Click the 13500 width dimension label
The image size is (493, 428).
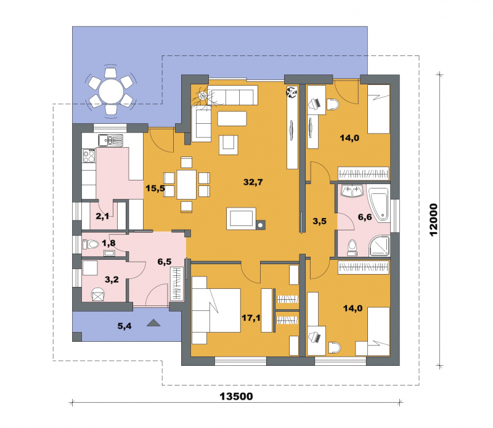236,396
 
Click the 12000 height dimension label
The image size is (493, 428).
433,220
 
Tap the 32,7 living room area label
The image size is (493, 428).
253,182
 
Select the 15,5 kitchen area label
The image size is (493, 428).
155,188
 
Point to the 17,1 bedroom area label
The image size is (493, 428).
251,318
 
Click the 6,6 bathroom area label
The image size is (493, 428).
365,217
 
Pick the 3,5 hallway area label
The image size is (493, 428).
319,221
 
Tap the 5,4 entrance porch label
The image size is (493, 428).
124,326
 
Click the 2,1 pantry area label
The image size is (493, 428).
102,216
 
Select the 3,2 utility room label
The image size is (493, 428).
112,280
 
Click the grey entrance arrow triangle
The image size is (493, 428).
153,323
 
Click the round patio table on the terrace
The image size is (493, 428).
111,91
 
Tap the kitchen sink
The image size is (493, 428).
110,140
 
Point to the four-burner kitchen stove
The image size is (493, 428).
89,156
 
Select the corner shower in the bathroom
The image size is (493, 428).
379,245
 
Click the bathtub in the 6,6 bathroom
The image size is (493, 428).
379,204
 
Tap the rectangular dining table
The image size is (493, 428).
187,185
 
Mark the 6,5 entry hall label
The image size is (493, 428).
165,262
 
